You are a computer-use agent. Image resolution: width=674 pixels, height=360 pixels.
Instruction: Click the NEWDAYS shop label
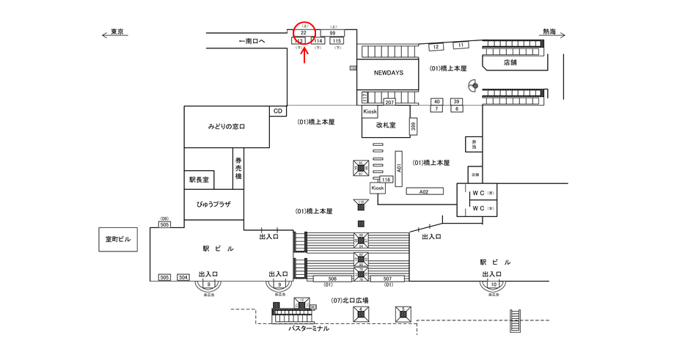(x=389, y=73)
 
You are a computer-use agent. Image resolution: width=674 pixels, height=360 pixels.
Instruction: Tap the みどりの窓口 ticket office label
(x=226, y=127)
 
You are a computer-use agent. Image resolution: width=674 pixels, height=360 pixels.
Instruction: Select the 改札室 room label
(x=386, y=125)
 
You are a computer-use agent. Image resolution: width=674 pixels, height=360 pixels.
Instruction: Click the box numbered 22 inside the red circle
(x=304, y=33)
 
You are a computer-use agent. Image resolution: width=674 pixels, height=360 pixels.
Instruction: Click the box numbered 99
(x=332, y=33)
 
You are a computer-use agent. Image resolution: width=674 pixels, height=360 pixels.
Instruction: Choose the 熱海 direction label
(x=549, y=32)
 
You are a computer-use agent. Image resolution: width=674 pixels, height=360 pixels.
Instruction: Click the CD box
(x=278, y=111)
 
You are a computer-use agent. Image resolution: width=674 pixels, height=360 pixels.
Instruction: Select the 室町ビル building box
(x=117, y=239)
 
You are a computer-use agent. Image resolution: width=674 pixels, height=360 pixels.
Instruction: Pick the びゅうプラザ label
(x=213, y=203)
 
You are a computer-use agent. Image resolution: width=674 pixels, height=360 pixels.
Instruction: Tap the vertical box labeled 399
(x=414, y=127)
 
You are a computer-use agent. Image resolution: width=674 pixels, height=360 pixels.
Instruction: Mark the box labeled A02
(x=423, y=191)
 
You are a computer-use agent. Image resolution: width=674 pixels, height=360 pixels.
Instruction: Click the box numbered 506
(x=331, y=279)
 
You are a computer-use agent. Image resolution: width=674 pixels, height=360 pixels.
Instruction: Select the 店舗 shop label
(x=510, y=62)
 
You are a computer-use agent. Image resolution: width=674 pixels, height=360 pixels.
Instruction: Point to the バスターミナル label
(x=308, y=328)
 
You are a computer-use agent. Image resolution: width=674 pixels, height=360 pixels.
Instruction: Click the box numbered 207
(x=390, y=102)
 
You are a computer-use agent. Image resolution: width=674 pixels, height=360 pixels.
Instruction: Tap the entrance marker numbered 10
(x=494, y=284)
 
